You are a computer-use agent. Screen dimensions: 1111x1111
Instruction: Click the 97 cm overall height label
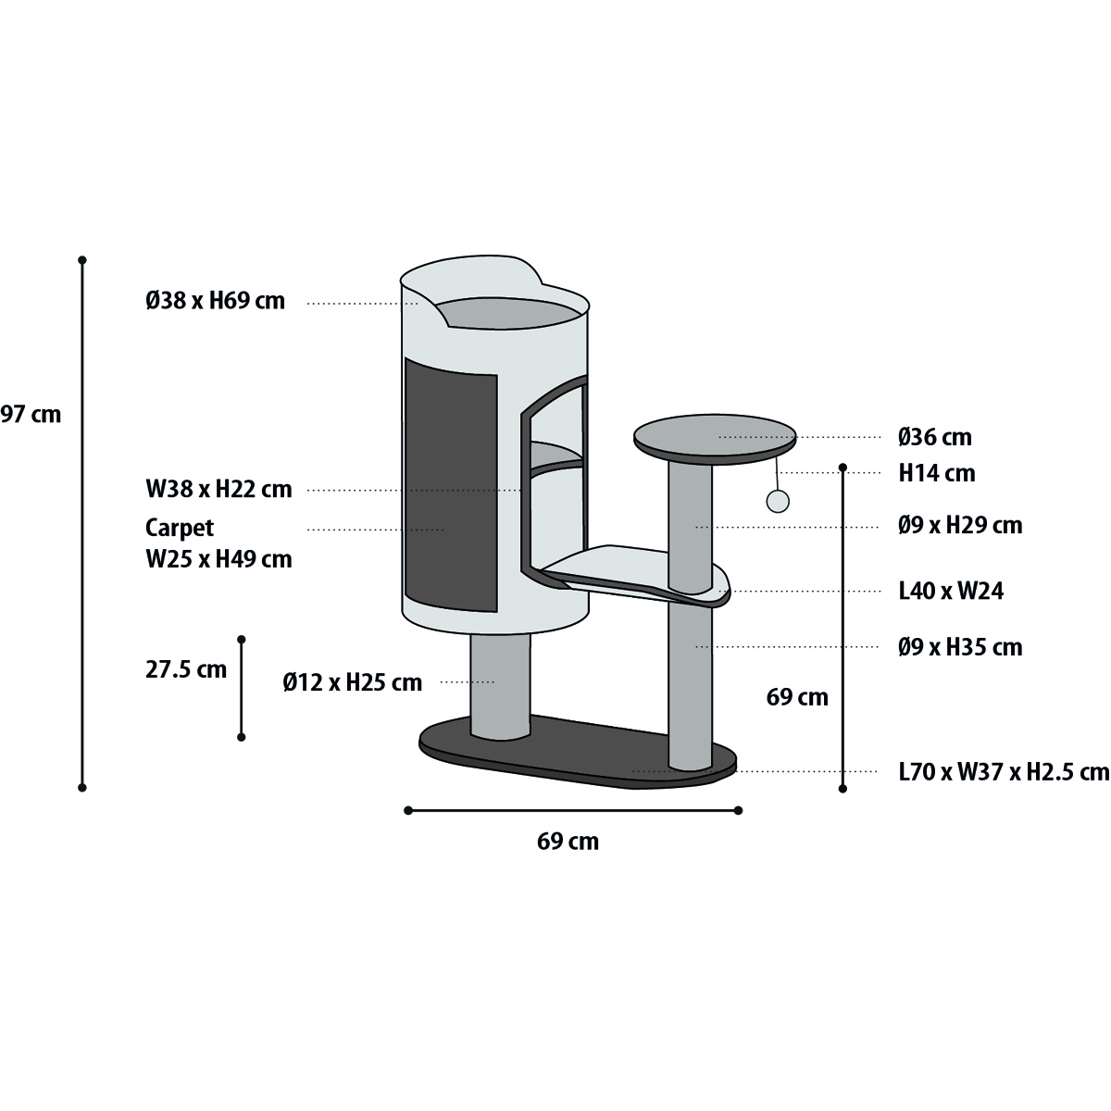pos(31,415)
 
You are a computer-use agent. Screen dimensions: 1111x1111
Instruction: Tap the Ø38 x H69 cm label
pos(215,301)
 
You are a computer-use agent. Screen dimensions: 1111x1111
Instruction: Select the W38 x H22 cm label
pos(218,490)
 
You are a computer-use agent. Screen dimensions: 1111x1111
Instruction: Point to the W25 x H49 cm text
pos(218,559)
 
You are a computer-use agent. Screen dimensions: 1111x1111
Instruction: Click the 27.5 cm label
pos(186,670)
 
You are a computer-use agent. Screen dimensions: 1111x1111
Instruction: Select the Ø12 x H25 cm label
pos(352,682)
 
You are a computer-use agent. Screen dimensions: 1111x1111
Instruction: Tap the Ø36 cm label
pos(934,437)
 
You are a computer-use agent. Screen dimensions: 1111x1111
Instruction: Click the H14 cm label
pos(937,473)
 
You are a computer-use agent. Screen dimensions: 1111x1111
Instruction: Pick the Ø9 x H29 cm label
pos(960,525)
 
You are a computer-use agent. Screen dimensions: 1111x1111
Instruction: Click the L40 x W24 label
pos(951,591)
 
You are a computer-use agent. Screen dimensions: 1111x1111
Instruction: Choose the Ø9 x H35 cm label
pos(960,647)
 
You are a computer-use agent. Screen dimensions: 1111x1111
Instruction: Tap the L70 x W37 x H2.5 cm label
pos(1004,772)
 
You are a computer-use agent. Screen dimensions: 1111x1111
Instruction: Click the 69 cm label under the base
pos(568,842)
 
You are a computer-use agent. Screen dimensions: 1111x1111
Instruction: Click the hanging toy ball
pos(778,502)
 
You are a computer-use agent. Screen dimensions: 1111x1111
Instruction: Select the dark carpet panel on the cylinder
pos(451,485)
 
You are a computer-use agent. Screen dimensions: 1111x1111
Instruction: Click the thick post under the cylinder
pos(501,685)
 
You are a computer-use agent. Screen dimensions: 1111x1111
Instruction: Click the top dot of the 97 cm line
pos(82,260)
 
